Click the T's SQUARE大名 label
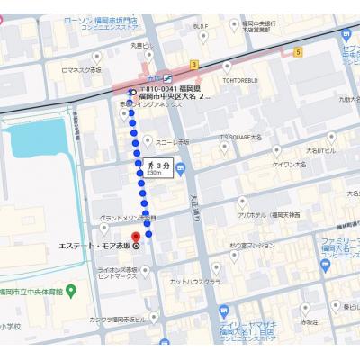[241, 138]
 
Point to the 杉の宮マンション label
[251, 245]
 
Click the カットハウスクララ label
[195, 281]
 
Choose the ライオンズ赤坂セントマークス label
[117, 273]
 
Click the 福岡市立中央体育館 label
[32, 291]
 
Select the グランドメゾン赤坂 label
[126, 218]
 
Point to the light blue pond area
[40, 144]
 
